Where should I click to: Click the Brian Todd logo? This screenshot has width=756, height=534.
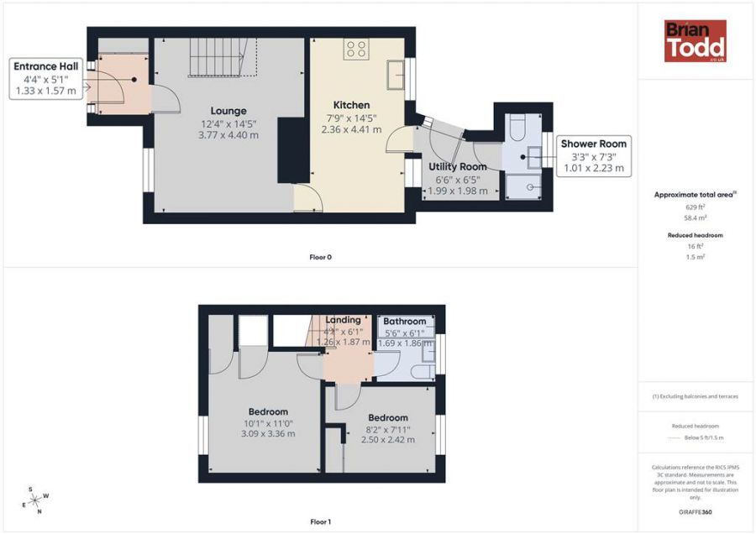696,41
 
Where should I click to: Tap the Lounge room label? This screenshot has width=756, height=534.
228,111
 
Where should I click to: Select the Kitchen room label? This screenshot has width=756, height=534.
352,105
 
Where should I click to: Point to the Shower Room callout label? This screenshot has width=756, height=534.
593,144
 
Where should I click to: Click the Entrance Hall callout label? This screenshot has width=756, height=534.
45,65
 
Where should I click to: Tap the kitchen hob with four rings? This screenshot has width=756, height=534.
355,50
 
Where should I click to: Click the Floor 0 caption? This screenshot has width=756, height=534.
321,257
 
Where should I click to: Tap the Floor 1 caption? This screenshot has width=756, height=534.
320,522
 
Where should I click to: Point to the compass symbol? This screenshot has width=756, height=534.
35,500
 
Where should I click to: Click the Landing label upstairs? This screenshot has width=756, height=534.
343,320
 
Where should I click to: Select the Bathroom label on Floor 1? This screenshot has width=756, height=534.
404,322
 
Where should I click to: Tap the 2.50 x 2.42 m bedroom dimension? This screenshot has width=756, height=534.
387,439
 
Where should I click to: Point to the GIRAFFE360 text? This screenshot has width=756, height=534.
695,512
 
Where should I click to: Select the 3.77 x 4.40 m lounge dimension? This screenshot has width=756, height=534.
228,135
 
